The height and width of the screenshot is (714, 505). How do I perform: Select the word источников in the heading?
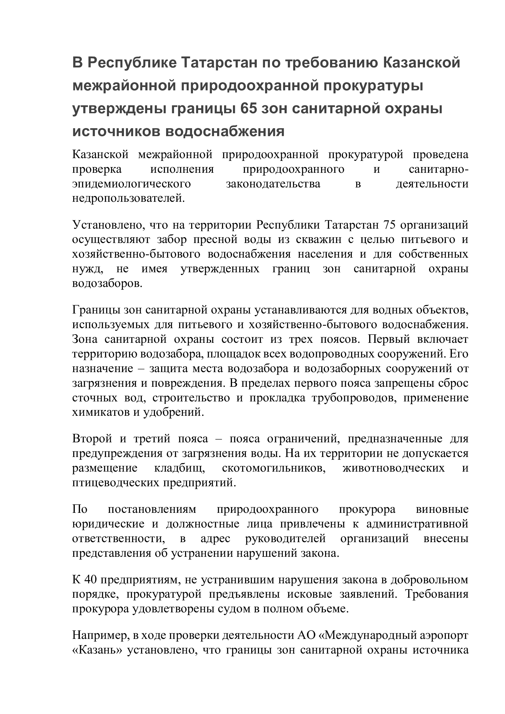(x=116, y=132)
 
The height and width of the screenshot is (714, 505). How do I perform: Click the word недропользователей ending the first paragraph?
(x=129, y=198)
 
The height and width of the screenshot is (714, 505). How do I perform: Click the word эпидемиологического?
(x=132, y=184)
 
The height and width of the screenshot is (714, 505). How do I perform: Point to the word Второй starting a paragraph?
(x=92, y=439)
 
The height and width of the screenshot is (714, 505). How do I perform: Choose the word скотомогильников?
(x=274, y=468)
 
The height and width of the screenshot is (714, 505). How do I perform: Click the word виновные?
(x=442, y=509)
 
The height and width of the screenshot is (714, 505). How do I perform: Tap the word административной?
(x=417, y=524)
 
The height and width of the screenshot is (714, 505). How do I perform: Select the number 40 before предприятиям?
(x=90, y=580)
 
